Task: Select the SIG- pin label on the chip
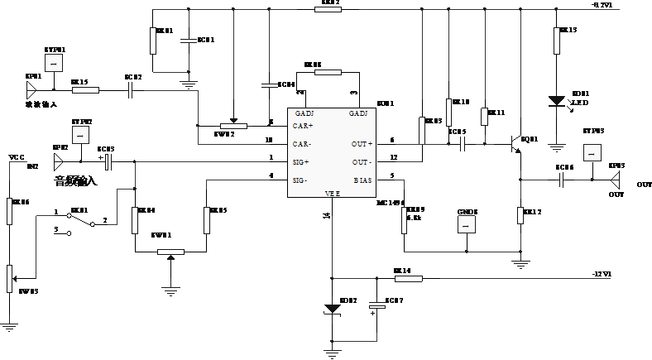pos(301,180)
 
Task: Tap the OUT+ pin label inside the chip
pos(362,143)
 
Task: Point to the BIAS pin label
pos(362,180)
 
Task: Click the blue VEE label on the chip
pos(333,194)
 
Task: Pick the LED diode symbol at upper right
pos(559,101)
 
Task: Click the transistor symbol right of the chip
pos(518,143)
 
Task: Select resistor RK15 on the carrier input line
pos(85,90)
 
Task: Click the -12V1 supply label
pos(602,274)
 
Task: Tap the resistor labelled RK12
pos(520,215)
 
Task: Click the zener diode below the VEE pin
pos(333,309)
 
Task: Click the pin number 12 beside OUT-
pos(394,157)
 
